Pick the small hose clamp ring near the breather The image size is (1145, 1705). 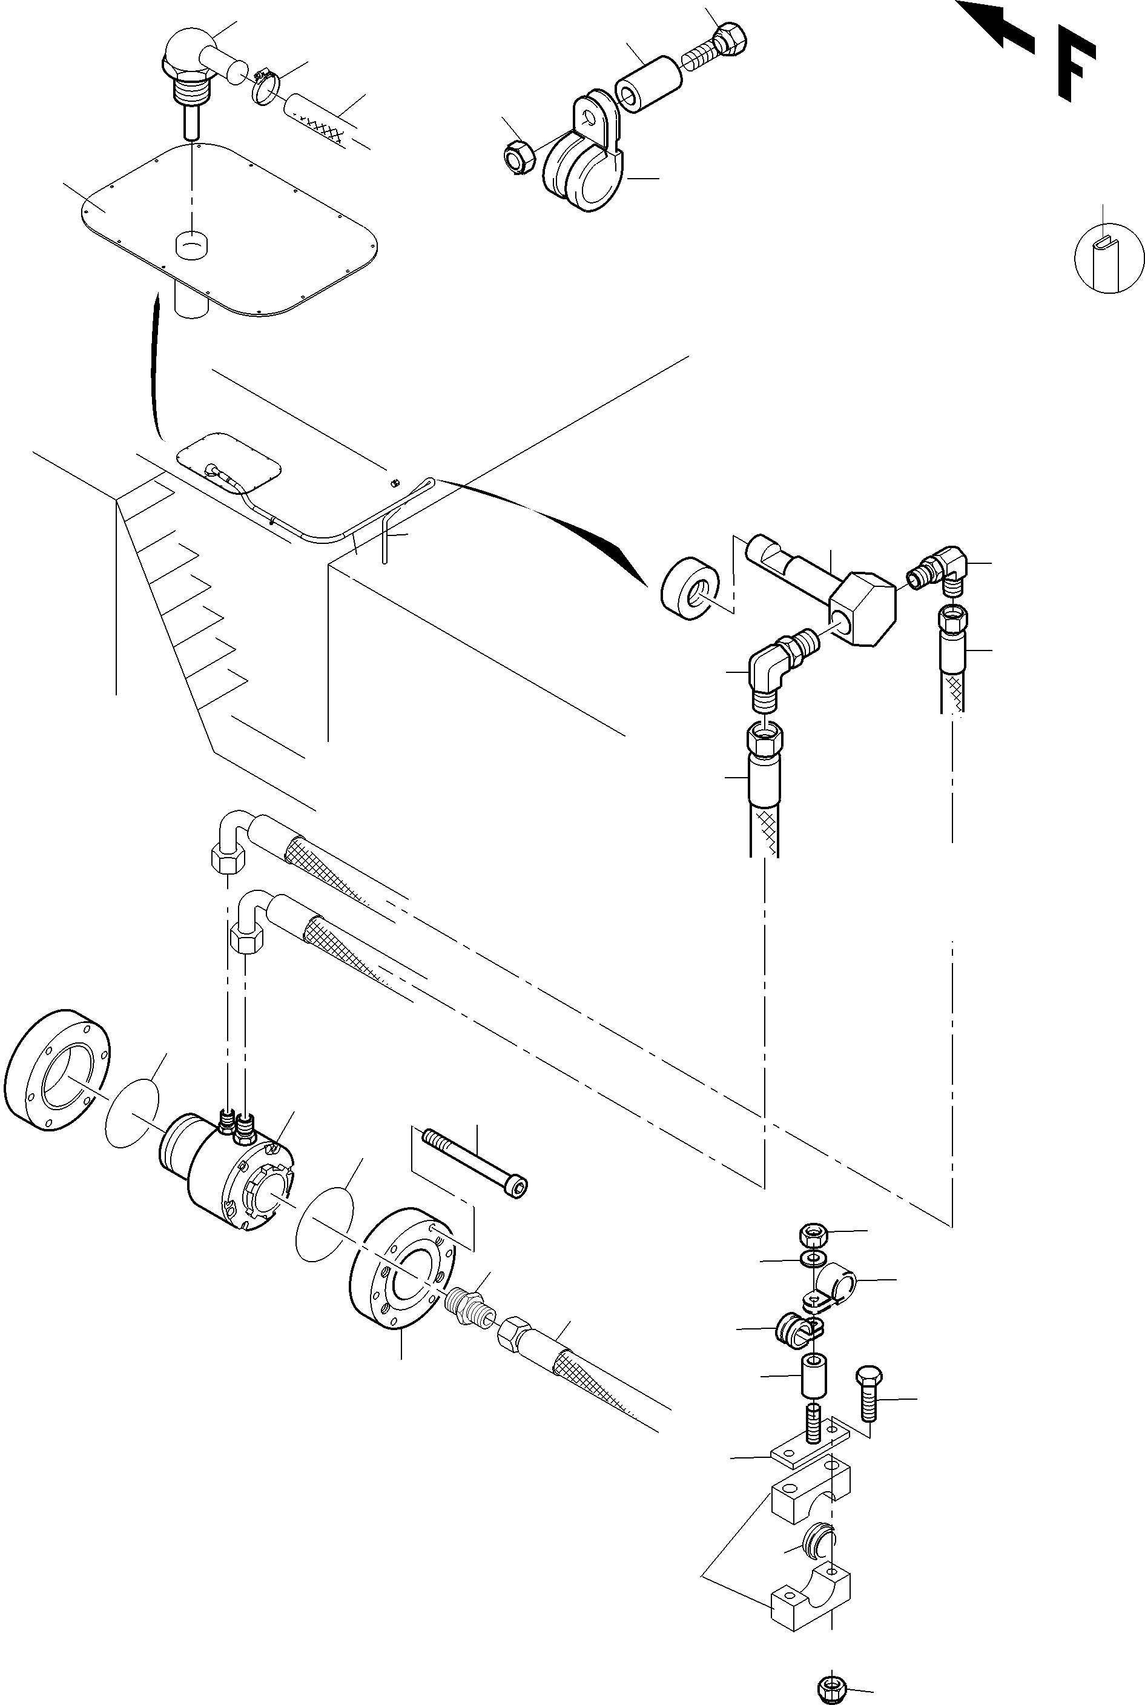[267, 87]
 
